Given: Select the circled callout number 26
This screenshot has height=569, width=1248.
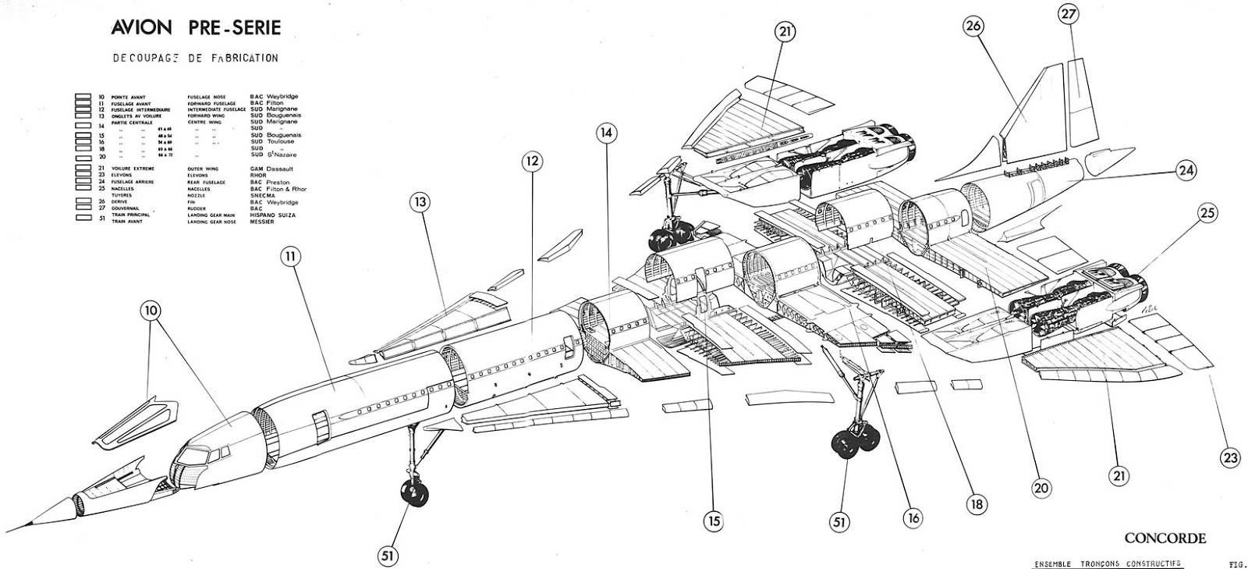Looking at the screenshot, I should (x=972, y=26).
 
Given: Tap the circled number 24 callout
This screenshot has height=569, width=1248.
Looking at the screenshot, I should (x=1186, y=170).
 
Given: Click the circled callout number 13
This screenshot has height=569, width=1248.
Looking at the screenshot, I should (x=421, y=203).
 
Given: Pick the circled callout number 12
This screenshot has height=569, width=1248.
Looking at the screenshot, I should (x=531, y=162).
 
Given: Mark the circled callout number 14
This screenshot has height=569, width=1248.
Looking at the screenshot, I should (x=608, y=133).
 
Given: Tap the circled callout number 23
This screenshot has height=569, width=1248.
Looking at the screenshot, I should (x=1230, y=457).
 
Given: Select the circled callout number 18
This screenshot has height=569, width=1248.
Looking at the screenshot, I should (x=974, y=504).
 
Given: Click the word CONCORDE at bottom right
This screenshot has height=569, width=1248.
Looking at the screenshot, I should (x=1165, y=538).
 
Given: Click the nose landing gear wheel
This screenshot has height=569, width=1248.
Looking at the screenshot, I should (x=411, y=493).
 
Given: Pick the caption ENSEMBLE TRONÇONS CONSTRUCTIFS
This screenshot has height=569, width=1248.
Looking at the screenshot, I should (x=1107, y=563).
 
